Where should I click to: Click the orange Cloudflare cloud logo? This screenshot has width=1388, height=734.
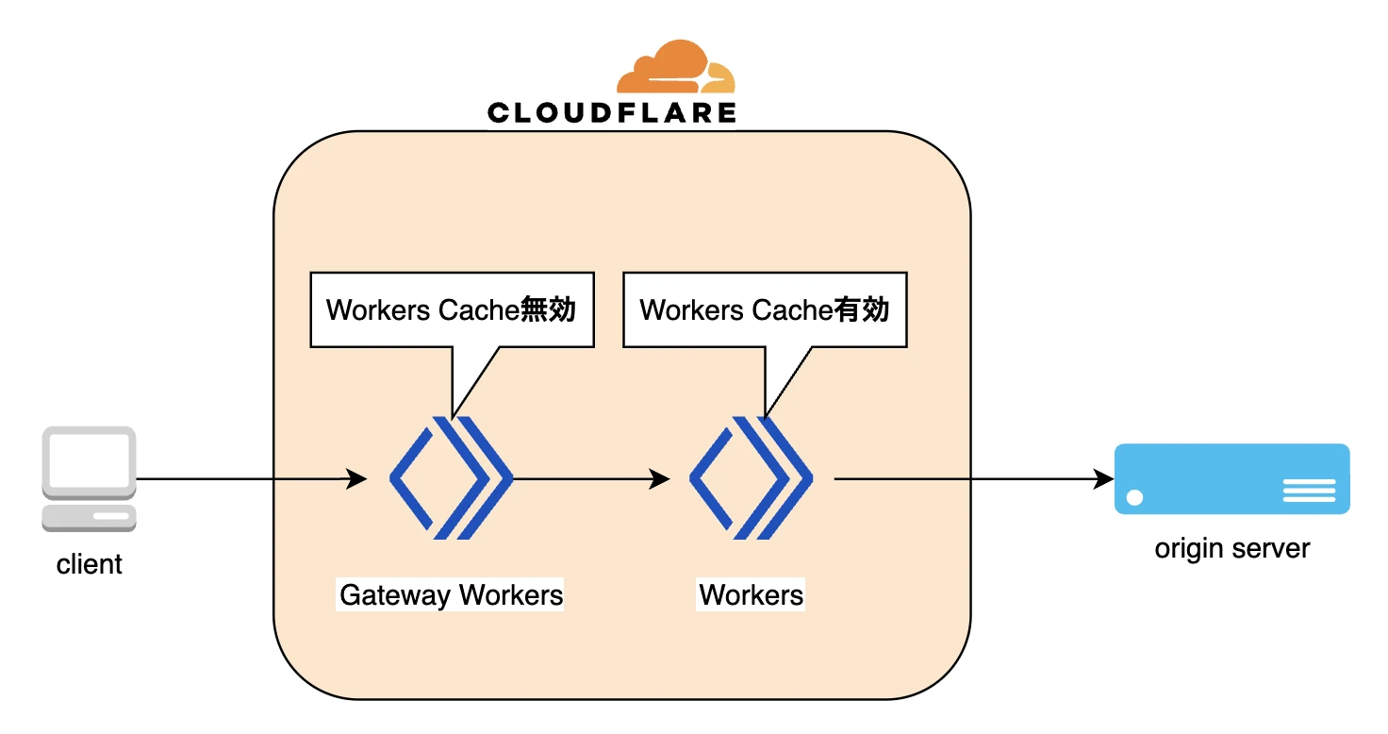pos(675,66)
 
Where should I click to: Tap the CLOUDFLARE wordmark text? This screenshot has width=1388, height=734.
pos(612,113)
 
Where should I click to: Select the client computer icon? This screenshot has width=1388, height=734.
pos(90,478)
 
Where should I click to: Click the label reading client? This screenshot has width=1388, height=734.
pos(90,564)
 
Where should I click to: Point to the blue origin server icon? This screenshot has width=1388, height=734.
pos(1231,478)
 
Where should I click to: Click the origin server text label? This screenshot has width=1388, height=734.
pos(1231,549)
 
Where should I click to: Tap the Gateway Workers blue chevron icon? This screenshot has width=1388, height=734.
pos(451,478)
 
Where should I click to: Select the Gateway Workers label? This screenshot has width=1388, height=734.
pos(451,595)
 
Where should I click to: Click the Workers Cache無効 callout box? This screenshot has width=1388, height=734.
pos(453,310)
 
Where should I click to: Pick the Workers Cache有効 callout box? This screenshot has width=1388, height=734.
pos(766,310)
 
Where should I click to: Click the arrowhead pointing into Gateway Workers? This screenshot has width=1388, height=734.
pos(355,478)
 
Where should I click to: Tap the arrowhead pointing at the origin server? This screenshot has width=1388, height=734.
pos(1103,478)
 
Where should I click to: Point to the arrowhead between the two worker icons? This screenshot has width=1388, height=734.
pos(659,478)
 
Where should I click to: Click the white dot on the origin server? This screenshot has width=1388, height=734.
pos(1134,497)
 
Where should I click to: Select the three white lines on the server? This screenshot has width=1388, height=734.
pos(1310,490)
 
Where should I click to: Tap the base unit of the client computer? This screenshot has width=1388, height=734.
pos(90,518)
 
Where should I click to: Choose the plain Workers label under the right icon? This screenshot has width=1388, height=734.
pos(751,595)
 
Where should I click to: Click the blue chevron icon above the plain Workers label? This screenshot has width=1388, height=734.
pos(751,478)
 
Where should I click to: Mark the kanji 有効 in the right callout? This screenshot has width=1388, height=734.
pos(861,309)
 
